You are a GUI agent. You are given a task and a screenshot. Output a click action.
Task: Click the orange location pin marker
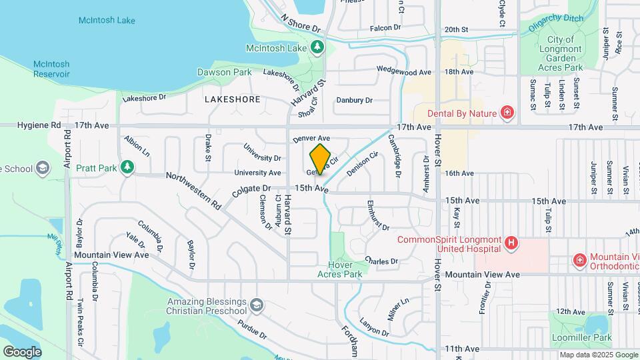coord(321,158)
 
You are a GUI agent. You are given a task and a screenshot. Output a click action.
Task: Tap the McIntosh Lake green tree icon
coord(319,47)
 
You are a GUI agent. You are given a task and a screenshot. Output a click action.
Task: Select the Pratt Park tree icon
coord(127,167)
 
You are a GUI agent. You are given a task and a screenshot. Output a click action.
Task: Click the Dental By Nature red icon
coord(507,113)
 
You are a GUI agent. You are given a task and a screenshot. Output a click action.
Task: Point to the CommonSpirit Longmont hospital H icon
coord(511,244)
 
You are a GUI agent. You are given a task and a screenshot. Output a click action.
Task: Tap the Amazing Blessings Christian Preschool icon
coord(256,307)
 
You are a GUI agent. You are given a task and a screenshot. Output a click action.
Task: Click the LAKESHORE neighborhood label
coord(232,99)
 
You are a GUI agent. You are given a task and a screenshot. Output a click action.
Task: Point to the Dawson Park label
coord(223,71)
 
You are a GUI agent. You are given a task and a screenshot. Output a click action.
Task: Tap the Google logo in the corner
coord(22,351)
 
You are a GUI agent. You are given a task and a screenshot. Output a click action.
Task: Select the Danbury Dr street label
coord(354,100)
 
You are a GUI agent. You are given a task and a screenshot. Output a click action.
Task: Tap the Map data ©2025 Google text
coord(597,355)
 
